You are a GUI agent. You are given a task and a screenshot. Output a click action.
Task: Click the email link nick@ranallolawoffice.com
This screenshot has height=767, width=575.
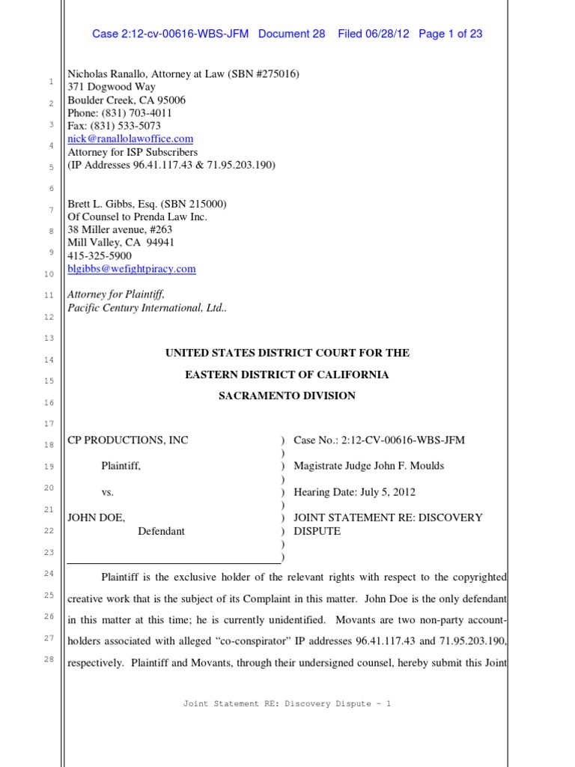pos(130,139)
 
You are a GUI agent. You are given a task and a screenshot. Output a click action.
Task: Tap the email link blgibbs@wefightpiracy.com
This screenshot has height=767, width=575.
pos(132,269)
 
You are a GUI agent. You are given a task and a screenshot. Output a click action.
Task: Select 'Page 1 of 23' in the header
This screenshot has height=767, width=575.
pos(451,34)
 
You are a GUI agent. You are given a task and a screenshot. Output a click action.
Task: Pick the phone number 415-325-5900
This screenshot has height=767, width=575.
pos(100,256)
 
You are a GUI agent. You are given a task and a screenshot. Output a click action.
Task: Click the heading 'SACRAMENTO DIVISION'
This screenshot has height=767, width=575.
pos(287,395)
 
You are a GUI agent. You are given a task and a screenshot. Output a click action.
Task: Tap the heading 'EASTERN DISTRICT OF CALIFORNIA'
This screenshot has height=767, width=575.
pos(287,375)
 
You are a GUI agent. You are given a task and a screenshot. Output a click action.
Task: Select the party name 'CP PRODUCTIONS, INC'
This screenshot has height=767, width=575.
pos(128,440)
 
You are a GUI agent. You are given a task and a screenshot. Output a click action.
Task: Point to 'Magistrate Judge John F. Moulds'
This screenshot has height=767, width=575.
pos(368,466)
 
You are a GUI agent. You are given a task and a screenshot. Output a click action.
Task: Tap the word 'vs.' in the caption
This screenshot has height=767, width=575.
pos(108,492)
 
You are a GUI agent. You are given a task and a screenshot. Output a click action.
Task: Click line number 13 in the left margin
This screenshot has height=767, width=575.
pos(49,339)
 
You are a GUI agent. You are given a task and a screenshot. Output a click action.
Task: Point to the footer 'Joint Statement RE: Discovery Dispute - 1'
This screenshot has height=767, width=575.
pos(287,703)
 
